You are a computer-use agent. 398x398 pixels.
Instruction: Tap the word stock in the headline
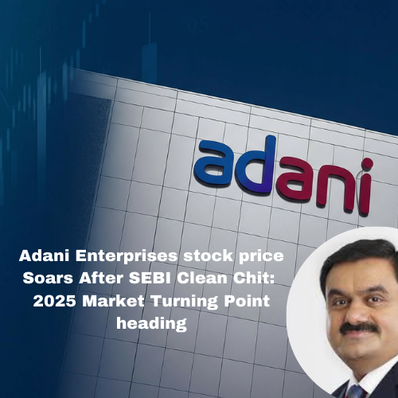pos(185,258)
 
